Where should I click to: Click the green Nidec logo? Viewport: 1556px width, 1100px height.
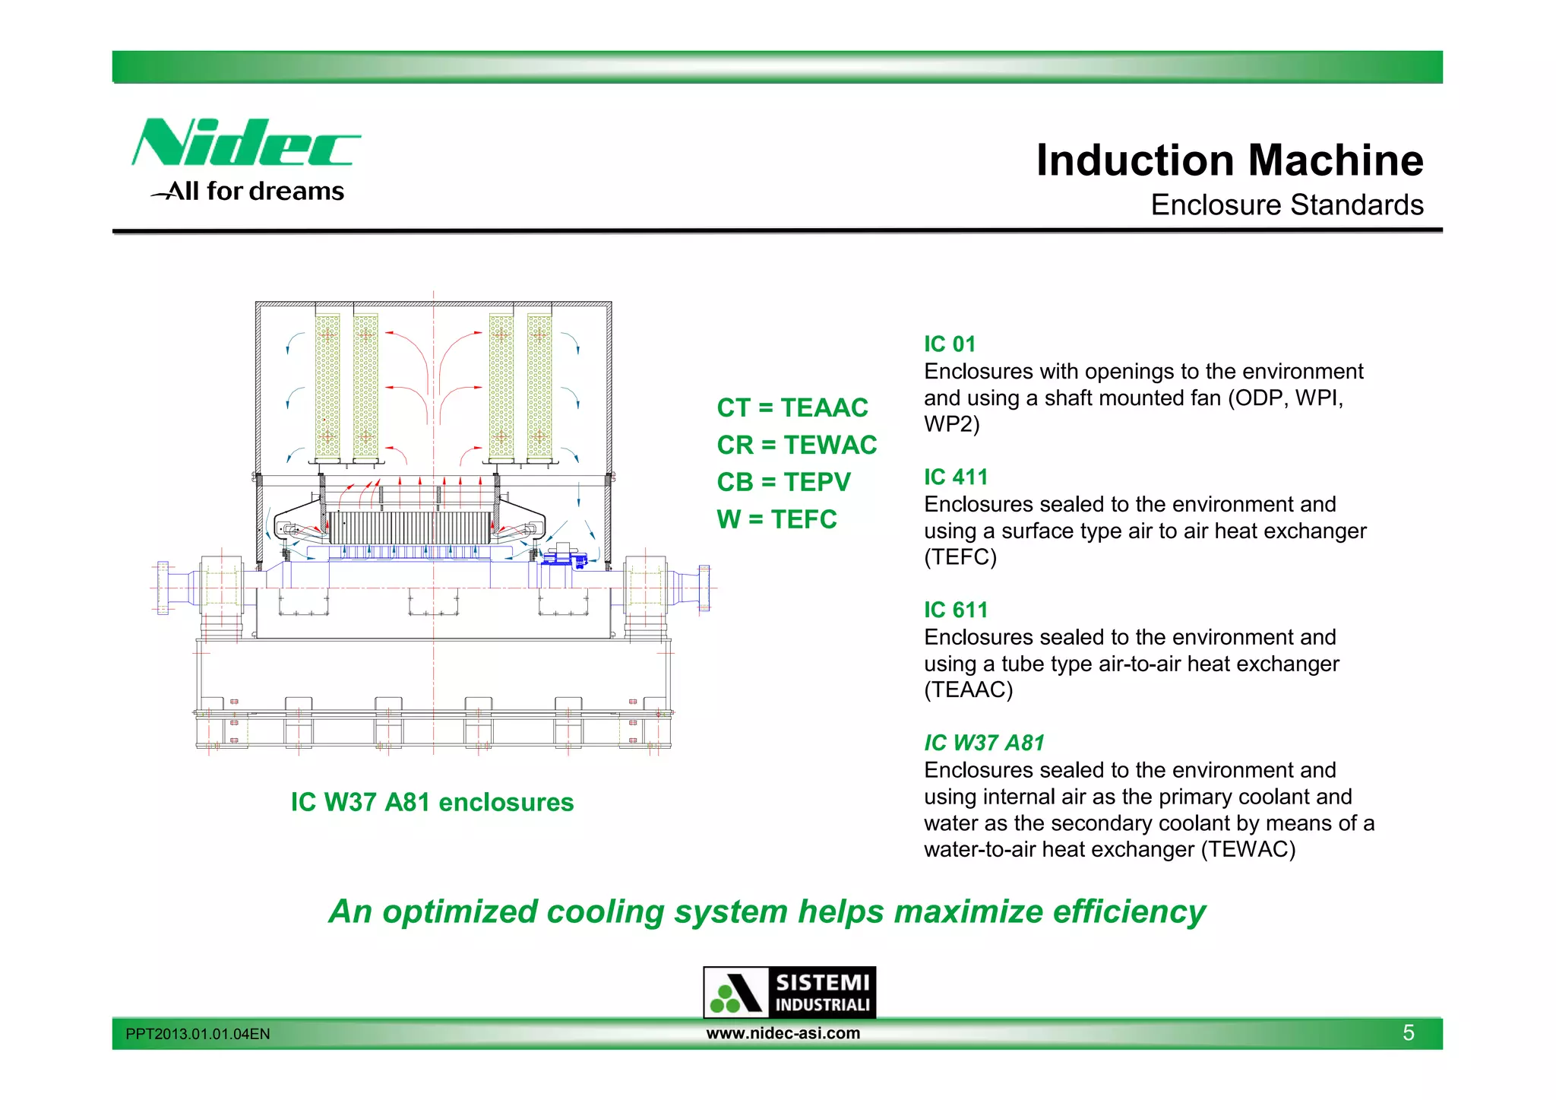tap(245, 143)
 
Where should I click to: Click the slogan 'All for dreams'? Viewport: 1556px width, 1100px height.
tap(255, 192)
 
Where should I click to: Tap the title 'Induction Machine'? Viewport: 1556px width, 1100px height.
tap(1229, 160)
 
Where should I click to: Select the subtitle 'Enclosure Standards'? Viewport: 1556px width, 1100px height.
tap(1286, 205)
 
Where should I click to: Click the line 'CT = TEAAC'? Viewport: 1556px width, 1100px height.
tap(792, 408)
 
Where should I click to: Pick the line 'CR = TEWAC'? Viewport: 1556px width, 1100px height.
tap(796, 445)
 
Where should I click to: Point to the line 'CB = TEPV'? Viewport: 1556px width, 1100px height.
tap(783, 482)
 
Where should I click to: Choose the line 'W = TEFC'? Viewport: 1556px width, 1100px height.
tap(776, 519)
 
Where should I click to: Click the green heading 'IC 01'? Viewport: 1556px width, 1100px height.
tap(949, 344)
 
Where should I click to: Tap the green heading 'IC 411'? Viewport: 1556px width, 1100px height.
tap(956, 477)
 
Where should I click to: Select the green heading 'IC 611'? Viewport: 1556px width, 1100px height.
tap(956, 610)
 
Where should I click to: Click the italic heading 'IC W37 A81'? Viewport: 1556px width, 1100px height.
tap(984, 743)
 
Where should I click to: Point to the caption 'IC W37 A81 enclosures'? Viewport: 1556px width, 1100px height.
tap(432, 803)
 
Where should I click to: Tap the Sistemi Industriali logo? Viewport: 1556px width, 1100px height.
tap(789, 992)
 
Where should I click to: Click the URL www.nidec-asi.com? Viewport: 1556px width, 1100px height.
tap(783, 1033)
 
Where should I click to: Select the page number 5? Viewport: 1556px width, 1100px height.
tap(1408, 1033)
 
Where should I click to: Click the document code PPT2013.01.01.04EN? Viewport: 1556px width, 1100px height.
tap(198, 1035)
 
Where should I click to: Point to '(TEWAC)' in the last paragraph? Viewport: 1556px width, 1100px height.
tap(1248, 849)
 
